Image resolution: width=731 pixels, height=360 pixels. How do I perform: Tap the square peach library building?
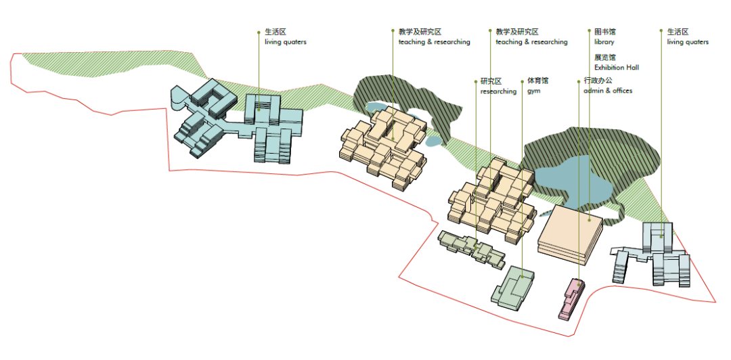tap(570, 231)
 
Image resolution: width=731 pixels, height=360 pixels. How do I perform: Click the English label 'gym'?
tap(534, 91)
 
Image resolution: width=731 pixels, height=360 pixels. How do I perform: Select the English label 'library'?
tap(604, 42)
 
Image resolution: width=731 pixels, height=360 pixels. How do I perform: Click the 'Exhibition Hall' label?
tap(617, 68)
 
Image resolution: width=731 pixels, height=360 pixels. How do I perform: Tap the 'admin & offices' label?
tap(608, 91)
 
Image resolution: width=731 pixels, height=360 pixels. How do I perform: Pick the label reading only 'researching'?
tap(498, 91)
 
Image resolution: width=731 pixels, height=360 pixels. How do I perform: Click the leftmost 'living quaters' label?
tap(285, 42)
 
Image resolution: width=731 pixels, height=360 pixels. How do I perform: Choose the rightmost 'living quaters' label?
tap(688, 42)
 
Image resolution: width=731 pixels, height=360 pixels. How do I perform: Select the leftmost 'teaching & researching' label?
tap(434, 42)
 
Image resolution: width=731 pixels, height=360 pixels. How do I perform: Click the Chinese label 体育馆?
tap(538, 81)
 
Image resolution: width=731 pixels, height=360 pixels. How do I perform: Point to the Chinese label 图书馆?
tap(605, 32)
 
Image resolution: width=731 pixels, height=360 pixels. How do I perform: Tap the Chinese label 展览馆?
tap(605, 58)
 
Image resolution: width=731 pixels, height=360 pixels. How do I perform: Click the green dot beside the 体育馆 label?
tap(523, 82)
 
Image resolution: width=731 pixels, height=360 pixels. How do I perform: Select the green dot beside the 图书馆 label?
tap(590, 32)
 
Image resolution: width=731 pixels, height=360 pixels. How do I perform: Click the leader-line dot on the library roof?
tap(590, 219)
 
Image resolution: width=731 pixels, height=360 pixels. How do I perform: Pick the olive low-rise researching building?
tap(471, 246)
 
